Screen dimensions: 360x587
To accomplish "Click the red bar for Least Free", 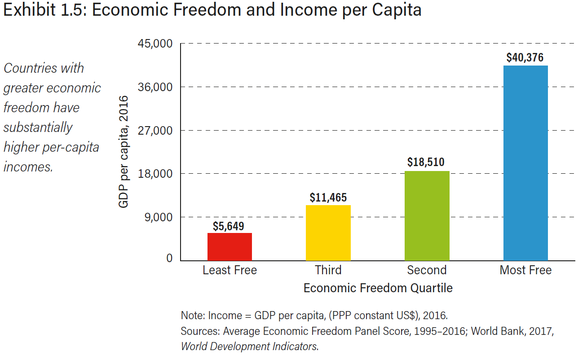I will (230, 246).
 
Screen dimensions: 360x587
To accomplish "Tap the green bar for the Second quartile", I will (427, 215).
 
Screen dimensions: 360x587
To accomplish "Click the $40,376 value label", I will (525, 58).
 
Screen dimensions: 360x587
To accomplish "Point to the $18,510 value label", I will (426, 162).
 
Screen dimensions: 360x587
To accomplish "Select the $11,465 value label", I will (328, 198).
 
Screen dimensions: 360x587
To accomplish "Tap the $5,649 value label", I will (229, 226).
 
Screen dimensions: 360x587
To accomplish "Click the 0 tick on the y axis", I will (169, 258).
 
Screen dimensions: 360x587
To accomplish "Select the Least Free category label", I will (230, 270).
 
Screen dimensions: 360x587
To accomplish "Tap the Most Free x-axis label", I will (525, 270).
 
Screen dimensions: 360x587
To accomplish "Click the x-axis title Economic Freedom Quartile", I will (378, 288).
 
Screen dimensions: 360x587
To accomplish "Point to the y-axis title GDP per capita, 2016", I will (124, 152).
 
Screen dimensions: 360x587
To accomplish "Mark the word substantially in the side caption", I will (38, 127).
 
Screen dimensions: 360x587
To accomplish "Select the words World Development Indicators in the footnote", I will (249, 347).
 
